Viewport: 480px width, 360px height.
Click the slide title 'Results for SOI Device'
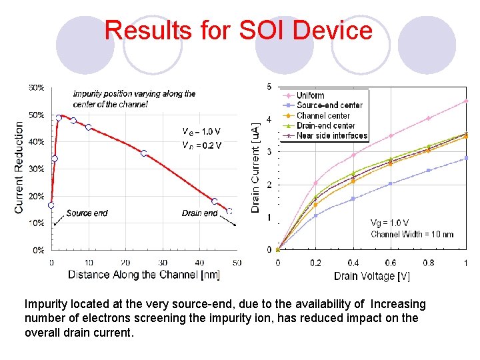[x=238, y=31]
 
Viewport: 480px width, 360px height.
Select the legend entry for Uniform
[x=310, y=95]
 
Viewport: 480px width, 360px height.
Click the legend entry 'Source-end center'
[x=329, y=105]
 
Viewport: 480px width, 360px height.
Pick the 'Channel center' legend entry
[x=323, y=115]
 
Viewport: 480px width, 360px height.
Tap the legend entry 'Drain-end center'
[x=326, y=125]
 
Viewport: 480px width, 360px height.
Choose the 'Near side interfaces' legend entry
[x=331, y=135]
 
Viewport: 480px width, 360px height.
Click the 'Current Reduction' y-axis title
[x=19, y=167]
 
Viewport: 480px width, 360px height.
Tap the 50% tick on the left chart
[x=37, y=115]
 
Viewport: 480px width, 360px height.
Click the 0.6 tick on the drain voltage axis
[x=391, y=263]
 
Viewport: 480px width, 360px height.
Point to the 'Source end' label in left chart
[x=87, y=213]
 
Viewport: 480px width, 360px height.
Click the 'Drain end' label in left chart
[x=199, y=213]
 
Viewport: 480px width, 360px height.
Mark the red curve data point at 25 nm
[x=143, y=153]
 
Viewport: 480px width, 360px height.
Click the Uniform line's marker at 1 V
[x=466, y=101]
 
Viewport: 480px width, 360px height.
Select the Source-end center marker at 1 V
[x=466, y=158]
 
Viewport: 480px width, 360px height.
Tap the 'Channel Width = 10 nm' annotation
[x=412, y=234]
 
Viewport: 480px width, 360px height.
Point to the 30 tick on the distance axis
[x=162, y=263]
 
